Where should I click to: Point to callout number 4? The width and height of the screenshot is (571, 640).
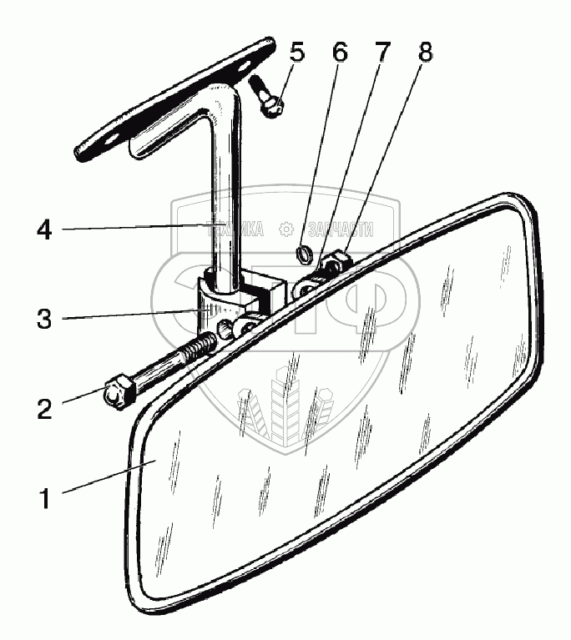point(46,229)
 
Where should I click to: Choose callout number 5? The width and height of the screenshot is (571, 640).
point(296,52)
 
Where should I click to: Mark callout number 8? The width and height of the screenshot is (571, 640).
point(424,52)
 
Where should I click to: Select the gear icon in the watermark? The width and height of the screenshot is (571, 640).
point(286,229)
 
